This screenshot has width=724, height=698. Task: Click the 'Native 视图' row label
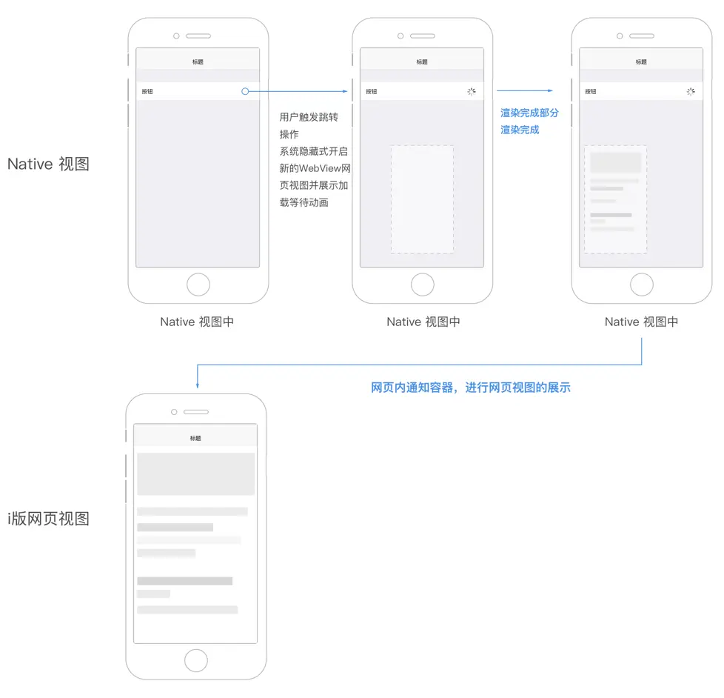click(48, 164)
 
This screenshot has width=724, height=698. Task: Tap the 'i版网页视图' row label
click(49, 519)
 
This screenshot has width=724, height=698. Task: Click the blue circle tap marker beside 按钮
click(245, 91)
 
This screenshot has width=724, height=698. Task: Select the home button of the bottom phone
click(195, 660)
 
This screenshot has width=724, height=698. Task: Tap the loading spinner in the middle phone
click(471, 92)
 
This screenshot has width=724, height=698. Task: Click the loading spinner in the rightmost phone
click(691, 92)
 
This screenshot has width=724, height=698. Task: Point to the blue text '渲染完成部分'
click(529, 113)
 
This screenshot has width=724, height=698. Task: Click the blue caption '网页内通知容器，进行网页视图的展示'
click(471, 387)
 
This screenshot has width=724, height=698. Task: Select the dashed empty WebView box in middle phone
click(422, 199)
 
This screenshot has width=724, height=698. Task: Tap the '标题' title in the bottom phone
click(195, 438)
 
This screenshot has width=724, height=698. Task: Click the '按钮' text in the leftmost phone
click(147, 92)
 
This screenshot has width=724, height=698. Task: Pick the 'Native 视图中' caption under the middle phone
click(423, 322)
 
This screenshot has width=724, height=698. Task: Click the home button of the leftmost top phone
click(198, 285)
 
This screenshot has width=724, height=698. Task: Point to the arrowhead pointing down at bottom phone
click(197, 385)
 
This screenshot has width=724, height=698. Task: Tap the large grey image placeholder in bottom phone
click(195, 473)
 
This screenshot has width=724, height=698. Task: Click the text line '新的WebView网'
click(315, 168)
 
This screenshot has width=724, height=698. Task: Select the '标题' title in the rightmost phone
click(641, 62)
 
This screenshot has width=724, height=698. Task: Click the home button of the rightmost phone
click(641, 285)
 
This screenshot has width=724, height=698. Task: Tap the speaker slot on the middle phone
click(423, 36)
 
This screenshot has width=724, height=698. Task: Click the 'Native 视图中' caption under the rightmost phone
click(641, 322)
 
